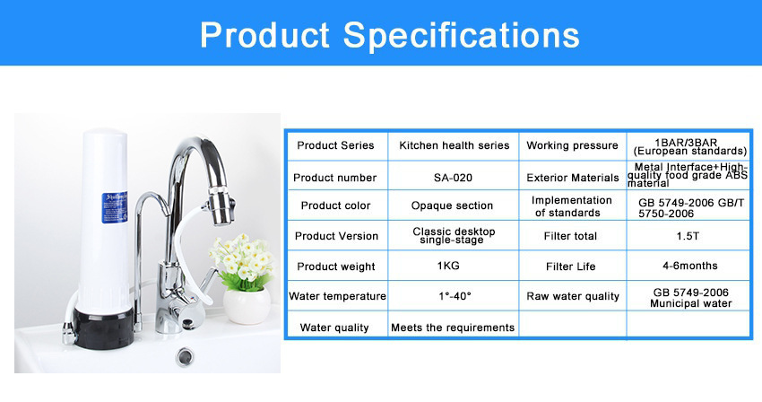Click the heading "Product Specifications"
[390, 35]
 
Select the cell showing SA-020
[453, 178]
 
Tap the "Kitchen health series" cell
[454, 145]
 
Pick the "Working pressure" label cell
[572, 145]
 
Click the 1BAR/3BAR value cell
[689, 146]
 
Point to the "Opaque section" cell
[452, 205]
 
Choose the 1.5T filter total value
[688, 236]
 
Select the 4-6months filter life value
[689, 266]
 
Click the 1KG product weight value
[448, 266]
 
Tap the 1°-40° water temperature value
[455, 296]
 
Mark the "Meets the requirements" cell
[453, 328]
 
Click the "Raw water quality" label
[573, 296]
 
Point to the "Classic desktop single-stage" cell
[454, 236]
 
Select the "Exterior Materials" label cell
[573, 178]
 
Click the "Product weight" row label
[336, 267]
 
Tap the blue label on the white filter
[115, 208]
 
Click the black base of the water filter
[103, 329]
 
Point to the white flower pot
[247, 305]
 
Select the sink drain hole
[184, 356]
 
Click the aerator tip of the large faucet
[221, 205]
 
